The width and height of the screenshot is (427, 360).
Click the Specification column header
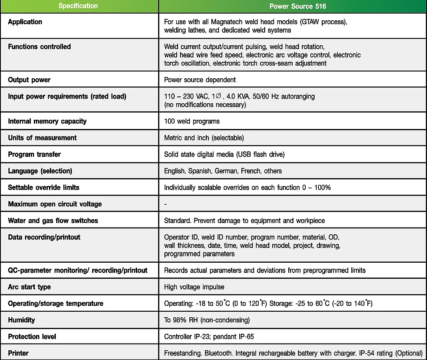[78, 6]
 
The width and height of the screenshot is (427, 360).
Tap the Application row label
[25, 22]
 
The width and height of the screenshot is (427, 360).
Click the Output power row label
[29, 80]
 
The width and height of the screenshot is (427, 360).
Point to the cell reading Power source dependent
[200, 80]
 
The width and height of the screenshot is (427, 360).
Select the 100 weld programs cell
[192, 121]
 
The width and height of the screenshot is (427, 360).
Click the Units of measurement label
[42, 137]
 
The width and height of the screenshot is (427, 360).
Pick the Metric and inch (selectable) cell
[204, 138]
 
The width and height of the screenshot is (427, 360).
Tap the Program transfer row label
[34, 154]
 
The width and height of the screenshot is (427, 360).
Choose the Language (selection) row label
[40, 170]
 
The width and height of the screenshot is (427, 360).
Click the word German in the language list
[226, 171]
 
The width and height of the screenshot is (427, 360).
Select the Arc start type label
[29, 287]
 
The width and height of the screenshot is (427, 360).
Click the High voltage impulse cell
[194, 287]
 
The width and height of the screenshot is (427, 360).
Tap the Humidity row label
[22, 320]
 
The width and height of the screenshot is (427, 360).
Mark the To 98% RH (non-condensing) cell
[207, 320]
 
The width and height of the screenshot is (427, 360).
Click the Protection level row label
[32, 336]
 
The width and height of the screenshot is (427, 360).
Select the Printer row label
[18, 353]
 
